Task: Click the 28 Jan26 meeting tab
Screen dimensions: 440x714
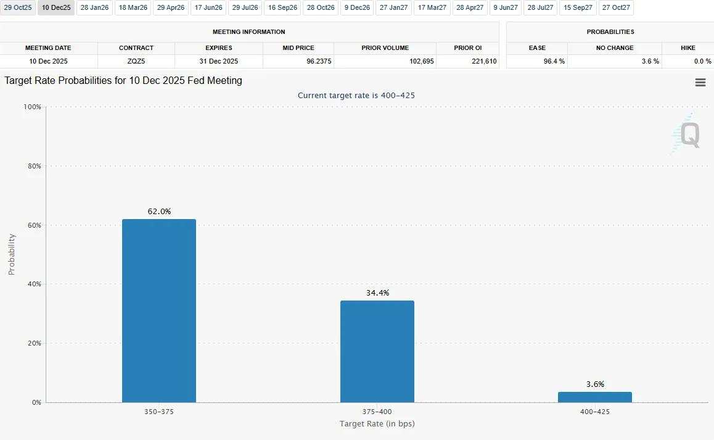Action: click(94, 8)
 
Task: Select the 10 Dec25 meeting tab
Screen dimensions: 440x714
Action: click(56, 8)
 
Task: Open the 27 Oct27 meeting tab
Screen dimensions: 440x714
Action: click(617, 8)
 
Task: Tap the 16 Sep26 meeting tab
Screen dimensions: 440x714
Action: click(283, 8)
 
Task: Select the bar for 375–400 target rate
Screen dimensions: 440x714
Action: click(377, 351)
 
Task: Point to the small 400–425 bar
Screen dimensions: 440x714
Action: click(595, 397)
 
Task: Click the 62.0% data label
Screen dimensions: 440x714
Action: click(159, 212)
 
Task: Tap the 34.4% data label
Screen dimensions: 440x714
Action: click(377, 293)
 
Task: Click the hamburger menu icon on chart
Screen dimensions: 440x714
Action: click(700, 83)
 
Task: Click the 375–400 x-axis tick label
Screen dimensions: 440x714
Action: click(377, 412)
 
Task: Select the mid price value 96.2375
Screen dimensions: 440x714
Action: click(298, 61)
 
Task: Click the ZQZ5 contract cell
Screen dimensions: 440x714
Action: click(136, 61)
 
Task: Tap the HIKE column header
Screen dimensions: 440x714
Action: click(687, 48)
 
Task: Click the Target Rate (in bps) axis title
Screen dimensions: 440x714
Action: click(377, 424)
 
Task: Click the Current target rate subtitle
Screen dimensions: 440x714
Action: click(361, 95)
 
